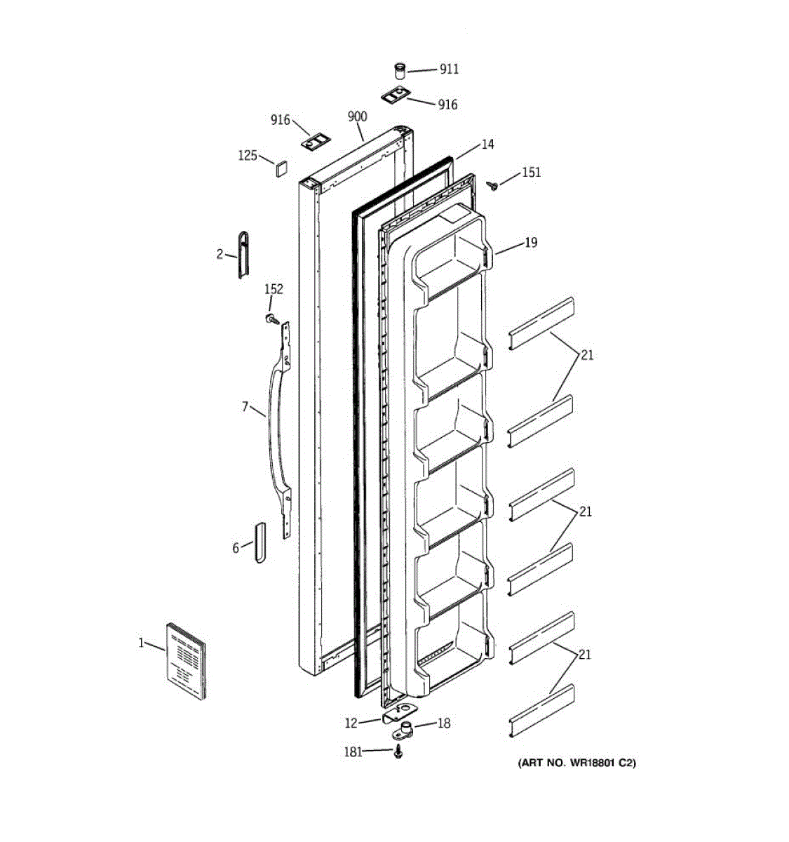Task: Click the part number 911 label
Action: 449,69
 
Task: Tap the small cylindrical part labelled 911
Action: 399,71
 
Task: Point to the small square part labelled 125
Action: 281,168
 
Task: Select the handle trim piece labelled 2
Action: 243,254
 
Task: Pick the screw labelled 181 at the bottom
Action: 399,752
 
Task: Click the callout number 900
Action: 357,116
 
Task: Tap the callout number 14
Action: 487,145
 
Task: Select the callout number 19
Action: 530,243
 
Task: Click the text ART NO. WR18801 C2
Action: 576,763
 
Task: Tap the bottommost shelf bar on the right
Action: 542,711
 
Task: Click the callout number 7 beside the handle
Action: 245,406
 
